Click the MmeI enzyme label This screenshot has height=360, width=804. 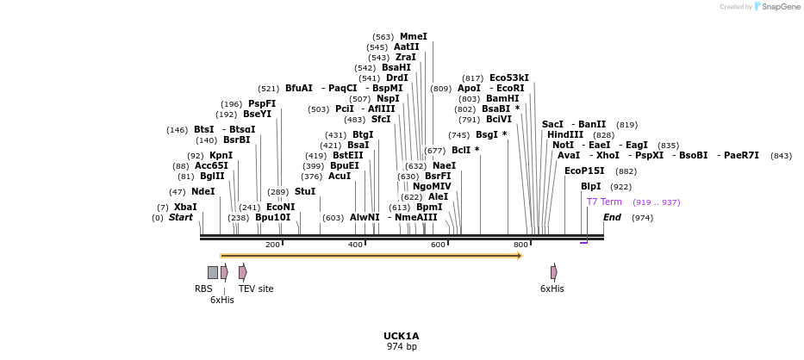(x=413, y=37)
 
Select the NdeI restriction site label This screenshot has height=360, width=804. (x=203, y=191)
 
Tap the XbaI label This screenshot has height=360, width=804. (x=185, y=207)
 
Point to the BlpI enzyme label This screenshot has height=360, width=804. (x=590, y=186)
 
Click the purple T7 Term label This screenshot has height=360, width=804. (x=604, y=202)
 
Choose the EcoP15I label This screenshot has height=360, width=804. (x=584, y=171)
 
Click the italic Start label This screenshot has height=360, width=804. (x=181, y=218)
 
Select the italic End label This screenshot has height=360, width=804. (x=612, y=218)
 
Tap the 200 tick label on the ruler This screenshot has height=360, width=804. (x=272, y=245)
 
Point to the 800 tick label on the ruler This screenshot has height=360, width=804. (x=520, y=245)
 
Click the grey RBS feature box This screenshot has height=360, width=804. (x=213, y=272)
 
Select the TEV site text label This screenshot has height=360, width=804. (x=256, y=289)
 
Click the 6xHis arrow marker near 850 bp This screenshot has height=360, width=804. (x=554, y=272)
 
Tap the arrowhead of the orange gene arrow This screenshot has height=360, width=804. (x=520, y=256)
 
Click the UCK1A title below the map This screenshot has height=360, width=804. (x=402, y=336)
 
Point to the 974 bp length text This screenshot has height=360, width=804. (x=402, y=346)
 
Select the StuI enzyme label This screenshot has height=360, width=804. (x=305, y=191)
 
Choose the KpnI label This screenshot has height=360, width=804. (x=221, y=155)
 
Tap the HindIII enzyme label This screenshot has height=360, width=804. (x=565, y=134)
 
